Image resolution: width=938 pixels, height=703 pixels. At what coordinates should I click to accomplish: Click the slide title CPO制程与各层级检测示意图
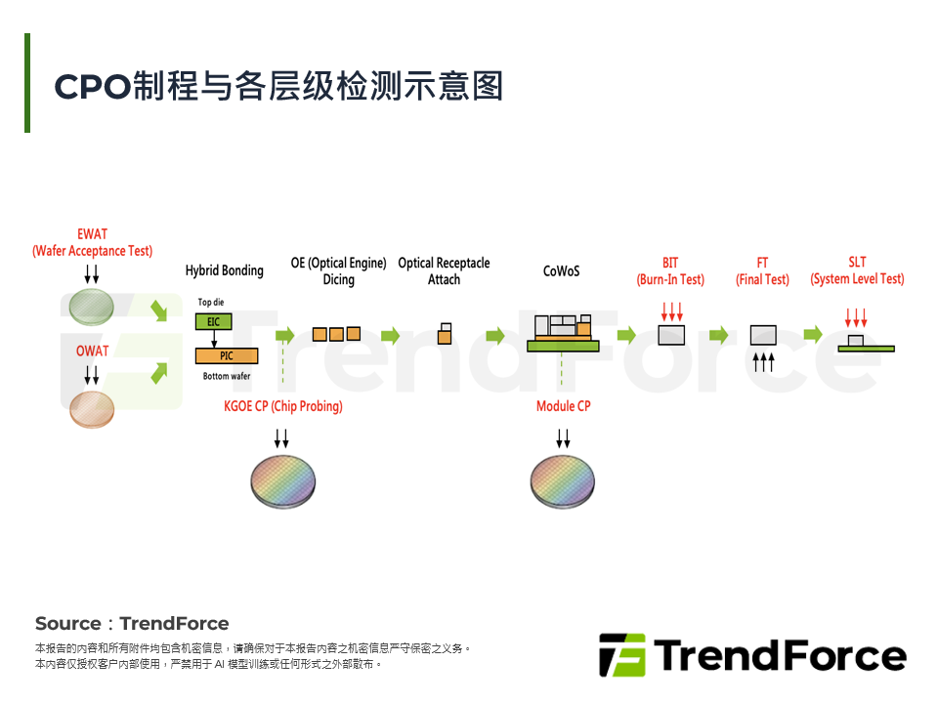[278, 86]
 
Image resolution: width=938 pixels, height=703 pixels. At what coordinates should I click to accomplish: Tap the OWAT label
[92, 351]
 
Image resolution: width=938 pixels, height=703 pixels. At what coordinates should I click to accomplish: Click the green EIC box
[213, 321]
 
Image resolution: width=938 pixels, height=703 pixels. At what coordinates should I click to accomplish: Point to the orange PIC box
[227, 356]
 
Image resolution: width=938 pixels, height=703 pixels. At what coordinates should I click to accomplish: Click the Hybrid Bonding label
[224, 270]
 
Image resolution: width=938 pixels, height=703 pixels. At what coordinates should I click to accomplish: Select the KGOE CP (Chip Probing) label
[283, 406]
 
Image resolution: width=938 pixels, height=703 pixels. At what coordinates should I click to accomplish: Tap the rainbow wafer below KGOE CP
[283, 479]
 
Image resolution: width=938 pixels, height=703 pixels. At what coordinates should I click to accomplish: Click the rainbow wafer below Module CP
[563, 479]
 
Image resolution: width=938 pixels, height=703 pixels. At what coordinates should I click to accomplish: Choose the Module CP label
[564, 406]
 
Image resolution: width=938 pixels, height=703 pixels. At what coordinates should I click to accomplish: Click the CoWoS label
[562, 270]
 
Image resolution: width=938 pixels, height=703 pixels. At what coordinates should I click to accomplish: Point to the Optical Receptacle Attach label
[444, 270]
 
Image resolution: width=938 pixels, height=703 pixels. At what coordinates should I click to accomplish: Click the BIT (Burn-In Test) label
[670, 271]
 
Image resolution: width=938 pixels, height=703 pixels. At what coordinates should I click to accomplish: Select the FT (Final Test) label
[762, 271]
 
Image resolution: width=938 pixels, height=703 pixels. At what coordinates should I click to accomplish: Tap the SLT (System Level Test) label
[857, 271]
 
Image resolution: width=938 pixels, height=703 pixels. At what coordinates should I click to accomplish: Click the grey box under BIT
[671, 335]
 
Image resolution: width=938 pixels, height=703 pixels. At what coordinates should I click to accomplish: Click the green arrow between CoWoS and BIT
[626, 335]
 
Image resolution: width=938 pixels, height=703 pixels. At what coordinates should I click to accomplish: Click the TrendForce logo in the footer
[751, 655]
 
